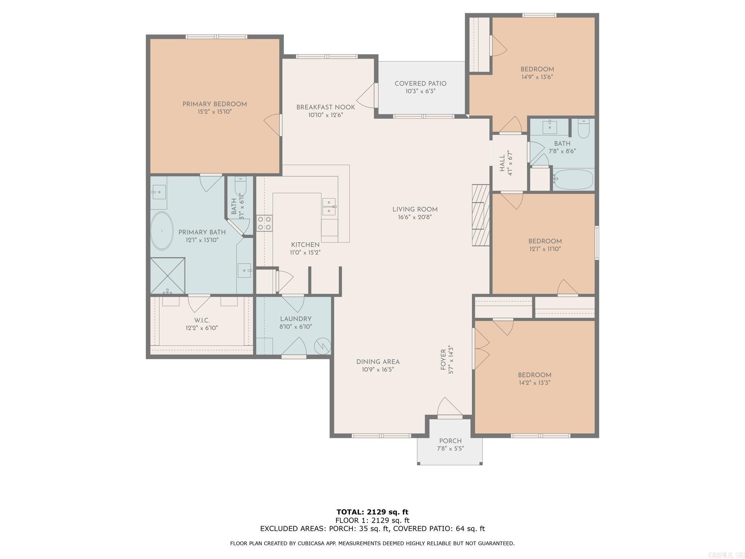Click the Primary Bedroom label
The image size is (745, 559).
(x=215, y=104)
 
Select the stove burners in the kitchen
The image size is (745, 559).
(x=264, y=223)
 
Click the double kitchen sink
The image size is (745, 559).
(x=329, y=206)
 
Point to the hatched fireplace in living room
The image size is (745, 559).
(x=481, y=215)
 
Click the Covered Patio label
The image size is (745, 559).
(x=421, y=84)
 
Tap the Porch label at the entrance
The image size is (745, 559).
(x=450, y=441)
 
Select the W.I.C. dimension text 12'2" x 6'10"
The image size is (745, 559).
(x=202, y=328)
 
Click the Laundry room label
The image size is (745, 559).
(x=295, y=319)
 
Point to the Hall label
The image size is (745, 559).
(x=502, y=163)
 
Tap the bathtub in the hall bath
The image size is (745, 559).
(x=573, y=179)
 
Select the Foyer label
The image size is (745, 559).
(x=443, y=360)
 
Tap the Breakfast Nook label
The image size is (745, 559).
(x=326, y=107)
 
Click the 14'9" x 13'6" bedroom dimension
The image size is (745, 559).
(x=537, y=77)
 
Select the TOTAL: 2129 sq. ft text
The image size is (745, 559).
(x=372, y=512)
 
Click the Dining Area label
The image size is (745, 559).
(x=378, y=362)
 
